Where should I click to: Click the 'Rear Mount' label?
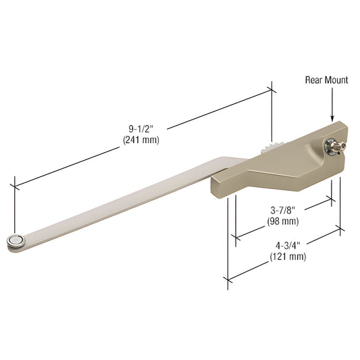327,80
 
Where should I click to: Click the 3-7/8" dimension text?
282,210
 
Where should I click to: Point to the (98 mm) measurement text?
282,221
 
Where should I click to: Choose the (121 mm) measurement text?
288,257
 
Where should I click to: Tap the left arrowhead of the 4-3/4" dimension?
230,277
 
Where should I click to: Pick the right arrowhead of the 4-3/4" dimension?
338,230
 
